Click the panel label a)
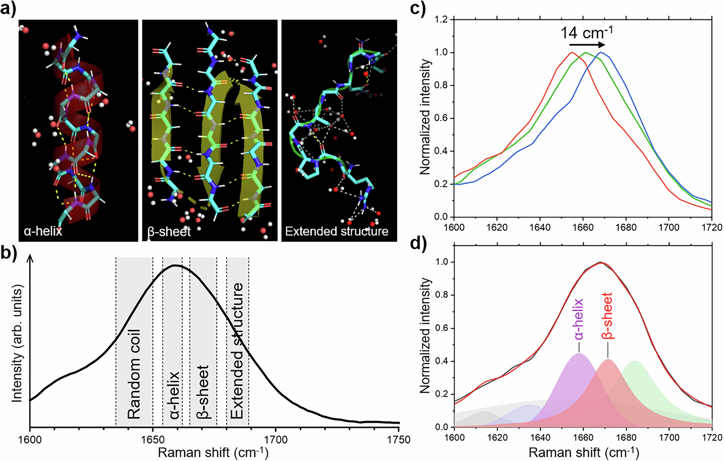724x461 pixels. coord(8,8)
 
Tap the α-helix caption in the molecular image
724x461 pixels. coord(43,231)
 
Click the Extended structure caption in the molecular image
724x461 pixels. coord(336,231)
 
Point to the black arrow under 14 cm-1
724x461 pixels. coord(587,45)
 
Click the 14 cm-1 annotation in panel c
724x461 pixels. coord(587,33)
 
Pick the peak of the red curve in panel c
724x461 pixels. coord(572,53)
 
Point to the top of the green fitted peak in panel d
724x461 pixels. coord(635,361)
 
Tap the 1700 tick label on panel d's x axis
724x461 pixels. coord(669,437)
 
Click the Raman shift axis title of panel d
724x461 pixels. coord(584,452)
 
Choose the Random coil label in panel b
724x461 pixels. coord(134,374)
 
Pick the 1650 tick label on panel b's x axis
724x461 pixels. coord(152,440)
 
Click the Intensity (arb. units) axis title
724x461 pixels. coord(17,343)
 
